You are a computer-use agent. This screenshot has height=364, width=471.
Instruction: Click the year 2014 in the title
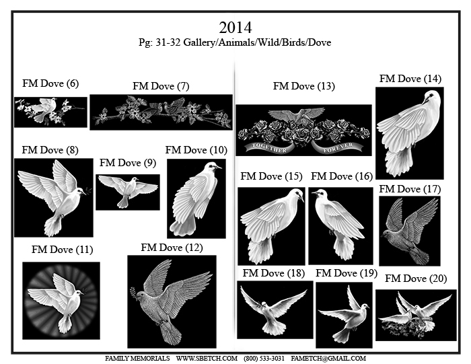coord(235,28)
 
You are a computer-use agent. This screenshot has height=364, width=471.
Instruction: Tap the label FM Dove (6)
coord(50,83)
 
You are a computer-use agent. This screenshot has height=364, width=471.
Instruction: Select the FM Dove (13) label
coord(303,86)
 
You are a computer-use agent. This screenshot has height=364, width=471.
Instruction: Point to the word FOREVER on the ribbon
coord(338,148)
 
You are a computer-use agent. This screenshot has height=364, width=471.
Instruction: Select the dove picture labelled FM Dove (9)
coord(128,192)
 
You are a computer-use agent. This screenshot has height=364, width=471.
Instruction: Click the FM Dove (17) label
coord(410,189)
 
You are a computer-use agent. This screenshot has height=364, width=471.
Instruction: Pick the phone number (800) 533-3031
coord(264,359)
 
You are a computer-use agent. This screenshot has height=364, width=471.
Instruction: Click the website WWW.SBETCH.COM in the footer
coord(207,359)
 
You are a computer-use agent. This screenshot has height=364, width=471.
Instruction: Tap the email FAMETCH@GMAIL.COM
coord(328,359)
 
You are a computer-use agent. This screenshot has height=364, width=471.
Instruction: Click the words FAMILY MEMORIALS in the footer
coord(137,359)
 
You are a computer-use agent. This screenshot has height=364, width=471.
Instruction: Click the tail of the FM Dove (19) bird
coord(343,336)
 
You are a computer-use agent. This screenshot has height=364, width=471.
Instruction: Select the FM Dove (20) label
coord(416,279)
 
